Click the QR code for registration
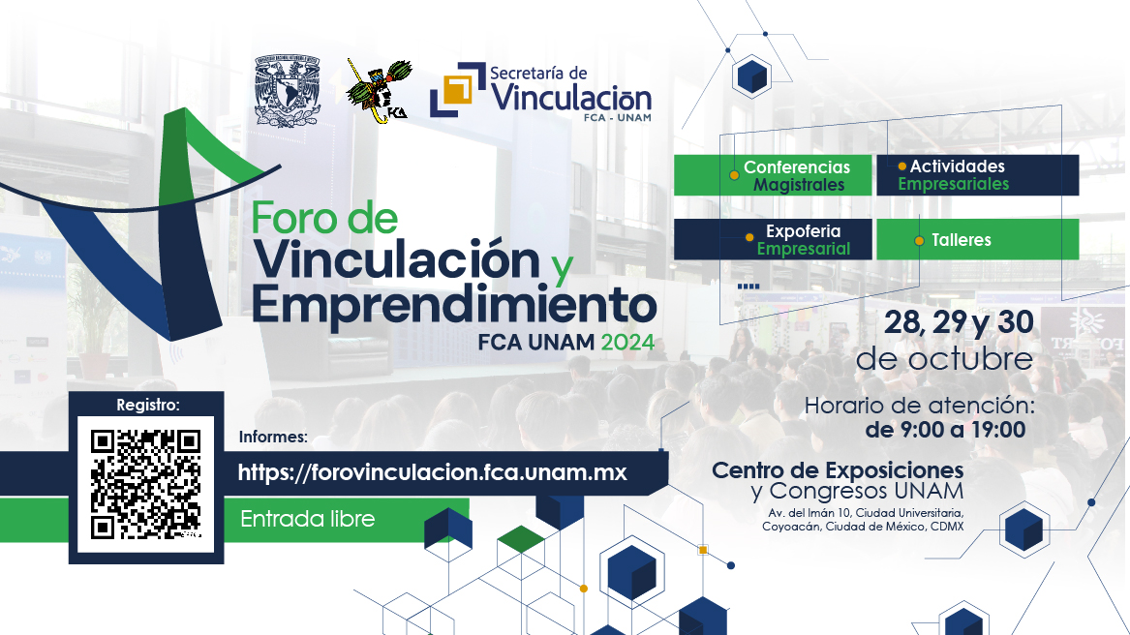(x=145, y=484)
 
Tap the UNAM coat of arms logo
(x=286, y=91)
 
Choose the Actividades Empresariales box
(x=977, y=175)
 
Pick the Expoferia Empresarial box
(x=772, y=239)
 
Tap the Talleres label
(x=977, y=240)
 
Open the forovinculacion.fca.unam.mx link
(x=432, y=473)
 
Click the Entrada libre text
(x=307, y=519)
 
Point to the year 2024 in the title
(x=626, y=342)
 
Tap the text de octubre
(x=944, y=359)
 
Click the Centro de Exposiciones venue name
(x=838, y=470)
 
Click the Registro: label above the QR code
(x=147, y=405)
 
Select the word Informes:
(x=273, y=437)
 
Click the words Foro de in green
(x=324, y=219)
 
